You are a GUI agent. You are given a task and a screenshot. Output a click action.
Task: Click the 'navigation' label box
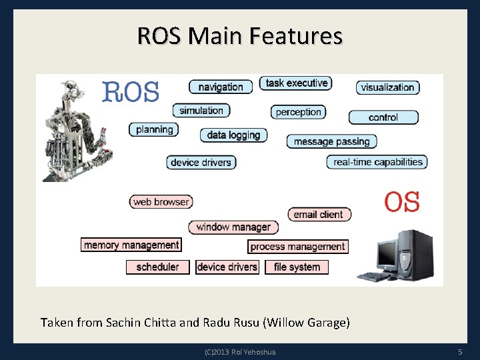point(221,87)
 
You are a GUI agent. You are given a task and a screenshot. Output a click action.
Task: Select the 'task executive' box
point(295,83)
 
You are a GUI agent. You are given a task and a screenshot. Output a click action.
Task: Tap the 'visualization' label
point(387,87)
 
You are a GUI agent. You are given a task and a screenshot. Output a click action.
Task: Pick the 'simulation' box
point(201,111)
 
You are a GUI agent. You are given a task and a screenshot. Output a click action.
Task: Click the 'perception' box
point(298,112)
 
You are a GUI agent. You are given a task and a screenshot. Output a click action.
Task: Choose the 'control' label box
point(383,117)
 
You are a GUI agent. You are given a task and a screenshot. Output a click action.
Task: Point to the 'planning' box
point(154,129)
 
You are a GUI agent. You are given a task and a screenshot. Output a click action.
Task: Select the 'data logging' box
point(233,135)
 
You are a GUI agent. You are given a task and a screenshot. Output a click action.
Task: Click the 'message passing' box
point(331,141)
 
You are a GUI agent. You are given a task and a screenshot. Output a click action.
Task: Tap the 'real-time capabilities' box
point(377,162)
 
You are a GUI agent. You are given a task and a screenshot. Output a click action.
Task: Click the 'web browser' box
point(161,202)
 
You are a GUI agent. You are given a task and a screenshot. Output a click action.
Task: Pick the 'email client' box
point(319,215)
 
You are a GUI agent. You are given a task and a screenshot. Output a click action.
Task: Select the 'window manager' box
point(233,227)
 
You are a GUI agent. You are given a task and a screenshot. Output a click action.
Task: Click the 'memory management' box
point(131,245)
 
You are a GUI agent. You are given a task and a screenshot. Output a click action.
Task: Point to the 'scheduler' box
point(158,267)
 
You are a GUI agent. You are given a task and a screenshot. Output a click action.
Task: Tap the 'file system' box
point(297,267)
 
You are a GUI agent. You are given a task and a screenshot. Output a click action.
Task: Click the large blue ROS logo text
point(131,91)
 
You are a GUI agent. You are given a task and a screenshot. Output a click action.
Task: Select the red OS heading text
point(402,201)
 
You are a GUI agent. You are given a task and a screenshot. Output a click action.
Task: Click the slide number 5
point(460,351)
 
